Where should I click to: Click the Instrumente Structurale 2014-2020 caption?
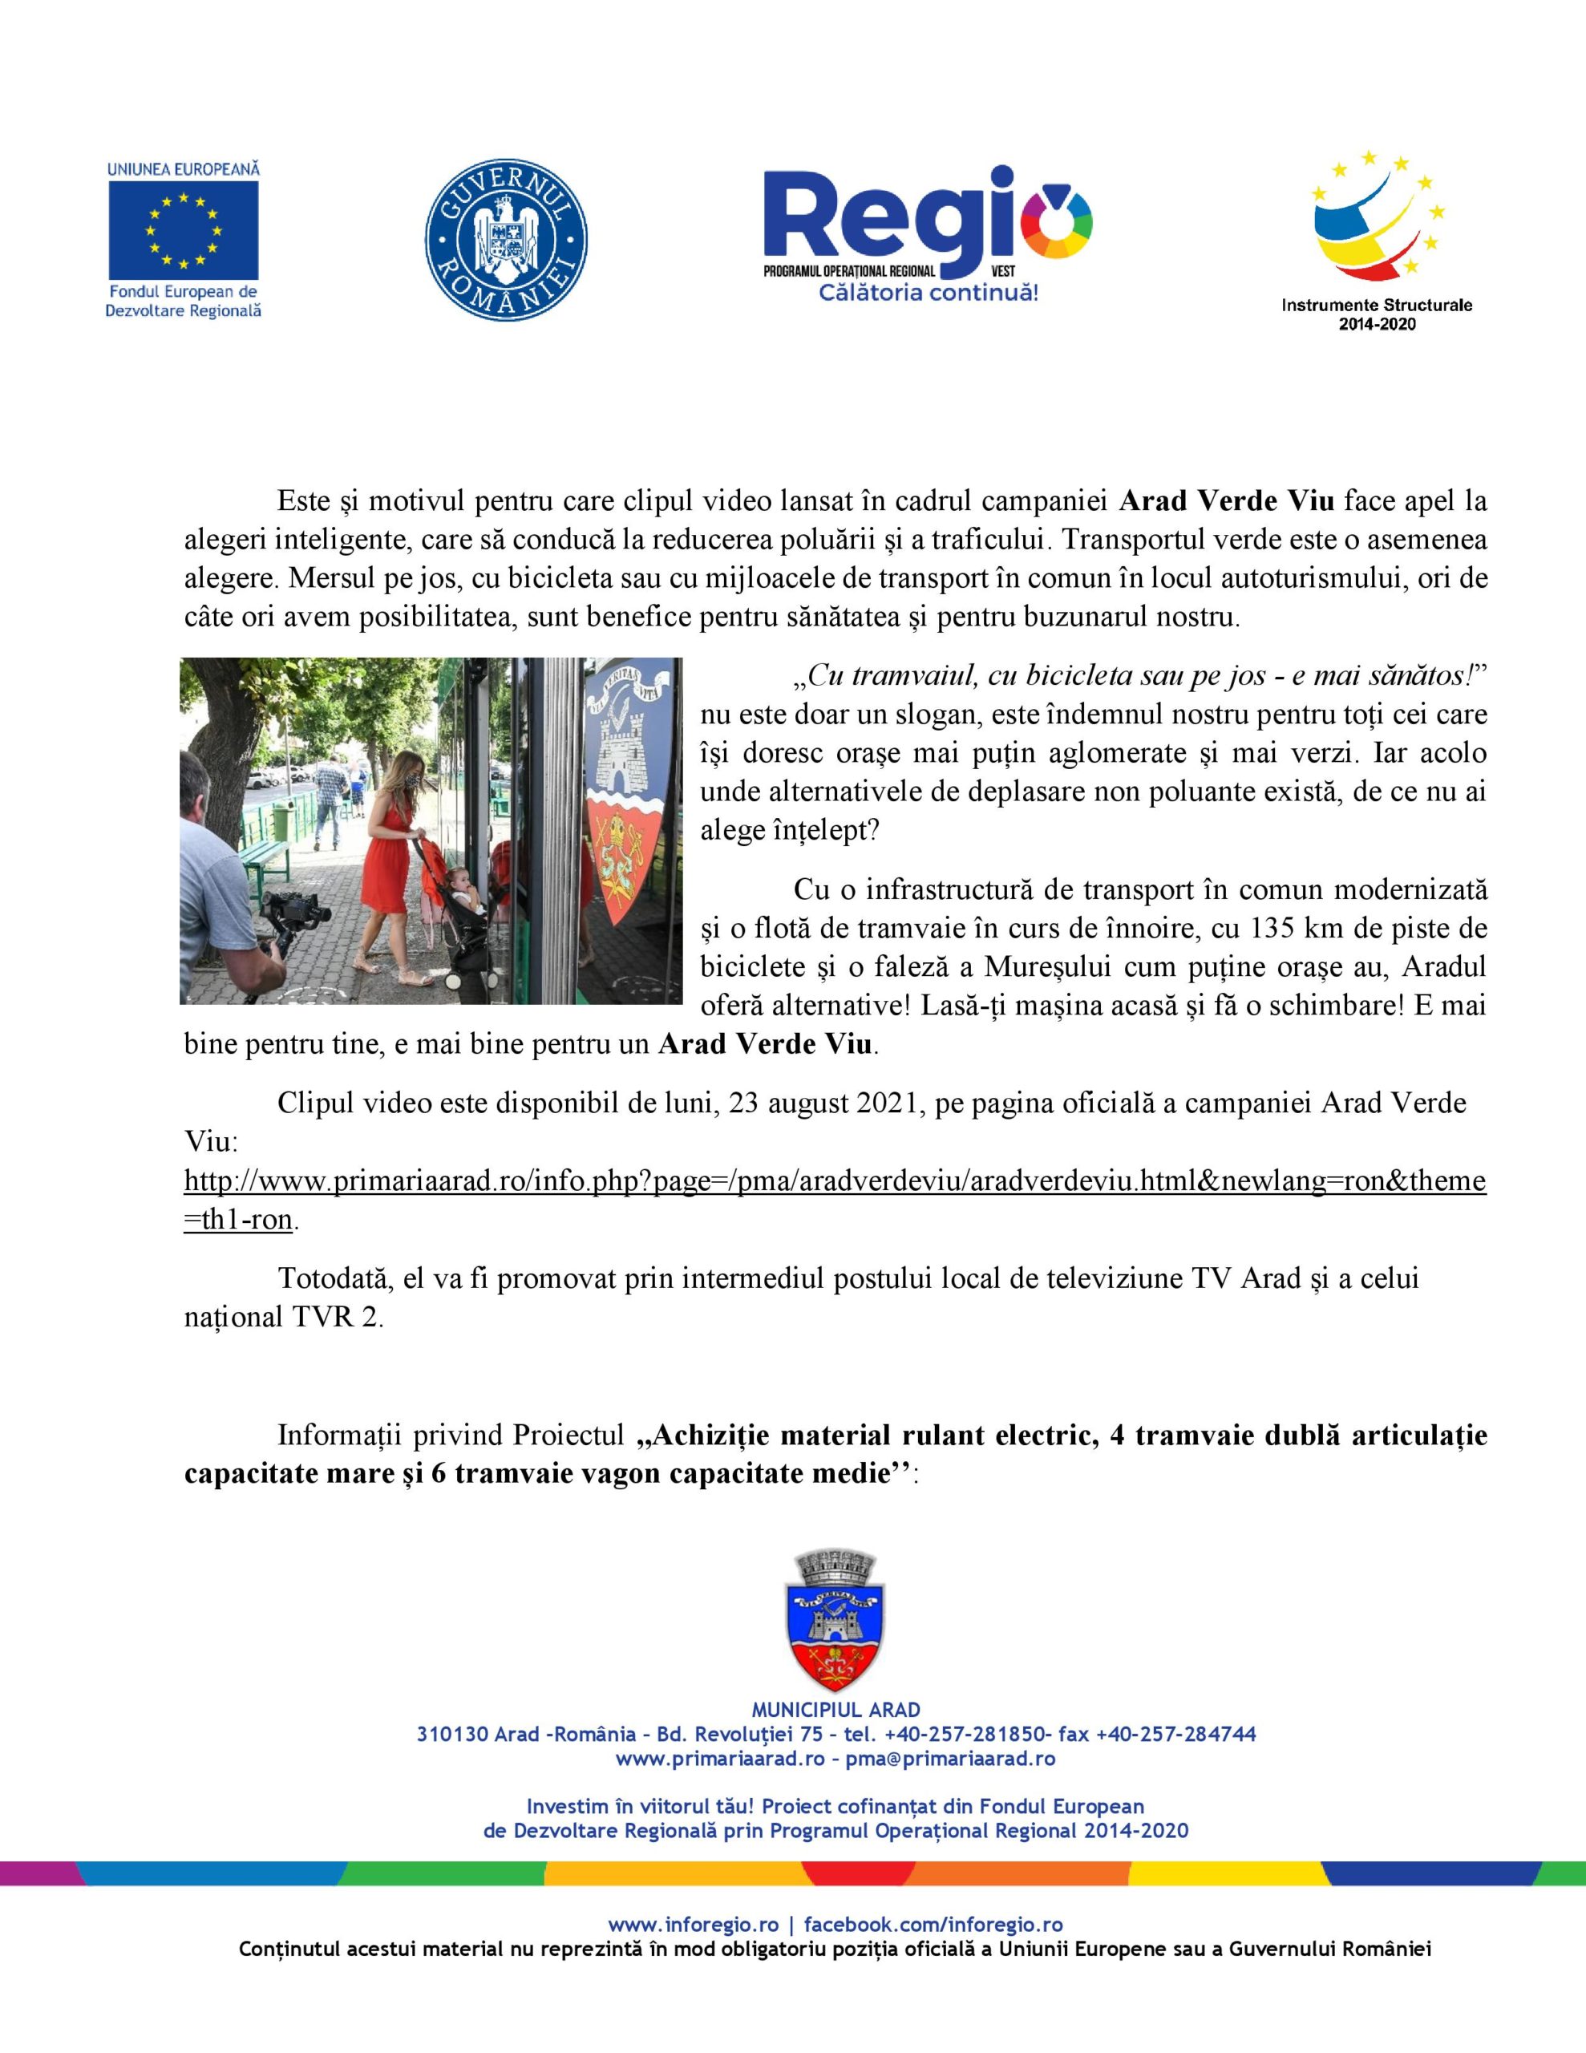pyautogui.click(x=1377, y=314)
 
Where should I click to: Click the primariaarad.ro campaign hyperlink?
pyautogui.click(x=834, y=1181)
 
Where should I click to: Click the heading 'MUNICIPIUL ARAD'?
pyautogui.click(x=835, y=1710)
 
